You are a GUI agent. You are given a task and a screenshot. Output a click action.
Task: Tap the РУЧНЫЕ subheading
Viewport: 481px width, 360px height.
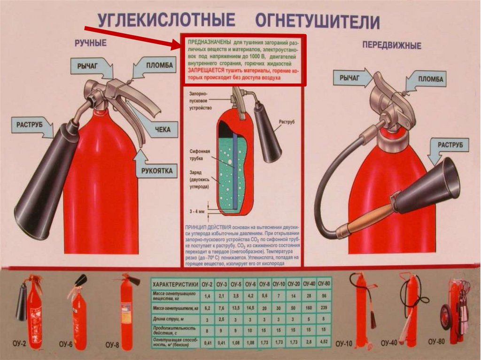pyautogui.click(x=91, y=43)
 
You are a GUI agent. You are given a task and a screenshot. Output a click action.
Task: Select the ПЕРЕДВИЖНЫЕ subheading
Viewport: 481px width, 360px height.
pyautogui.click(x=392, y=46)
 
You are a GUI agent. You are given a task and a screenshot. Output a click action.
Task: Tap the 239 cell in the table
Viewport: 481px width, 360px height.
pyautogui.click(x=324, y=308)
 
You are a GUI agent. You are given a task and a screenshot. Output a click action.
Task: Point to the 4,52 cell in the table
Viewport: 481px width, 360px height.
pyautogui.click(x=324, y=343)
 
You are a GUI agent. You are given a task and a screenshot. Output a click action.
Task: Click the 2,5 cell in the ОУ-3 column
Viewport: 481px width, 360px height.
pyautogui.click(x=222, y=320)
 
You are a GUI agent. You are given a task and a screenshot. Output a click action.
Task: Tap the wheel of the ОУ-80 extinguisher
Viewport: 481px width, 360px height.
pyautogui.click(x=445, y=317)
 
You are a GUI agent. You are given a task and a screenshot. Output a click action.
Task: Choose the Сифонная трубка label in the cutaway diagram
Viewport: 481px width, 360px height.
pyautogui.click(x=200, y=154)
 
